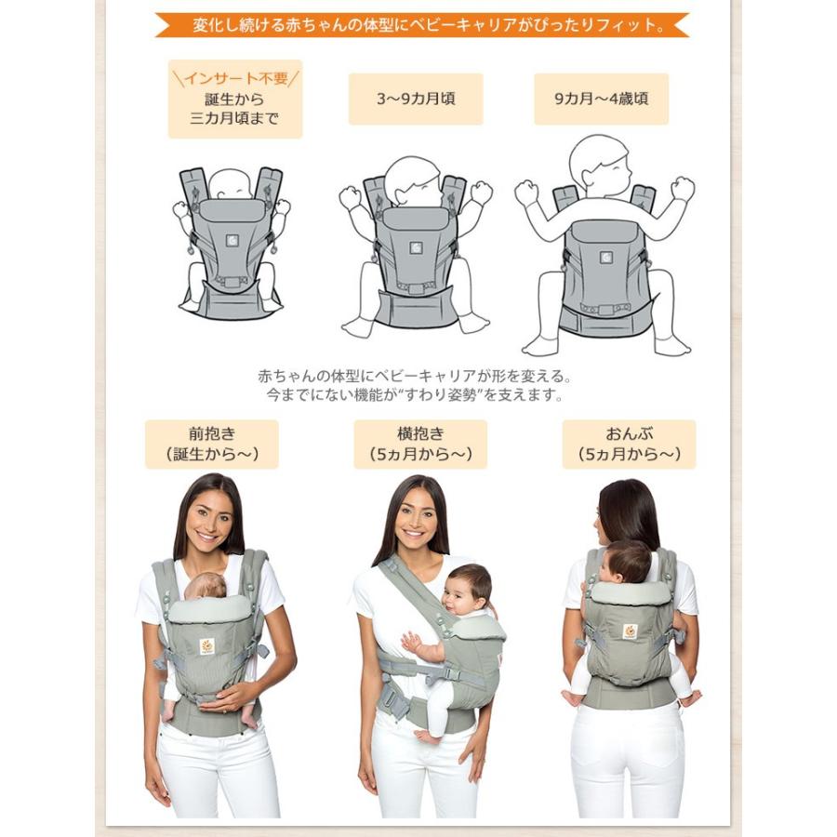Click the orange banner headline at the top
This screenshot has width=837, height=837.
(422, 25)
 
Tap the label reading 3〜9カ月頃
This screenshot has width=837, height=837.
(416, 99)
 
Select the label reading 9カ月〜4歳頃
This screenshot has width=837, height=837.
(601, 99)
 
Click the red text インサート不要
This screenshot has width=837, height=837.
(235, 79)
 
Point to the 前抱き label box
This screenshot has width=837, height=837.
(212, 445)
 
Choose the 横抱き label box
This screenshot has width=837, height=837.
(420, 445)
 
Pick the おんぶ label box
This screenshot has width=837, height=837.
(630, 445)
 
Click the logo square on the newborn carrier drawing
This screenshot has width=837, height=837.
(232, 241)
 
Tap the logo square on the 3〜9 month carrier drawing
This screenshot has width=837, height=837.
(417, 247)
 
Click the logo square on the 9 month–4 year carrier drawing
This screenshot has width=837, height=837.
(605, 258)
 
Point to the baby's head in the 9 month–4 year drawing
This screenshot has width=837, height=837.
(599, 166)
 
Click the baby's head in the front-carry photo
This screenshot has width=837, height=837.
(206, 587)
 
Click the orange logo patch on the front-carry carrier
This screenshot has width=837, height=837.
(207, 647)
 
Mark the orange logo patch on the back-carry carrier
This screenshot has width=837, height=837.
(631, 631)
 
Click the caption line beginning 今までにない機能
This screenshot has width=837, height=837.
(415, 395)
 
